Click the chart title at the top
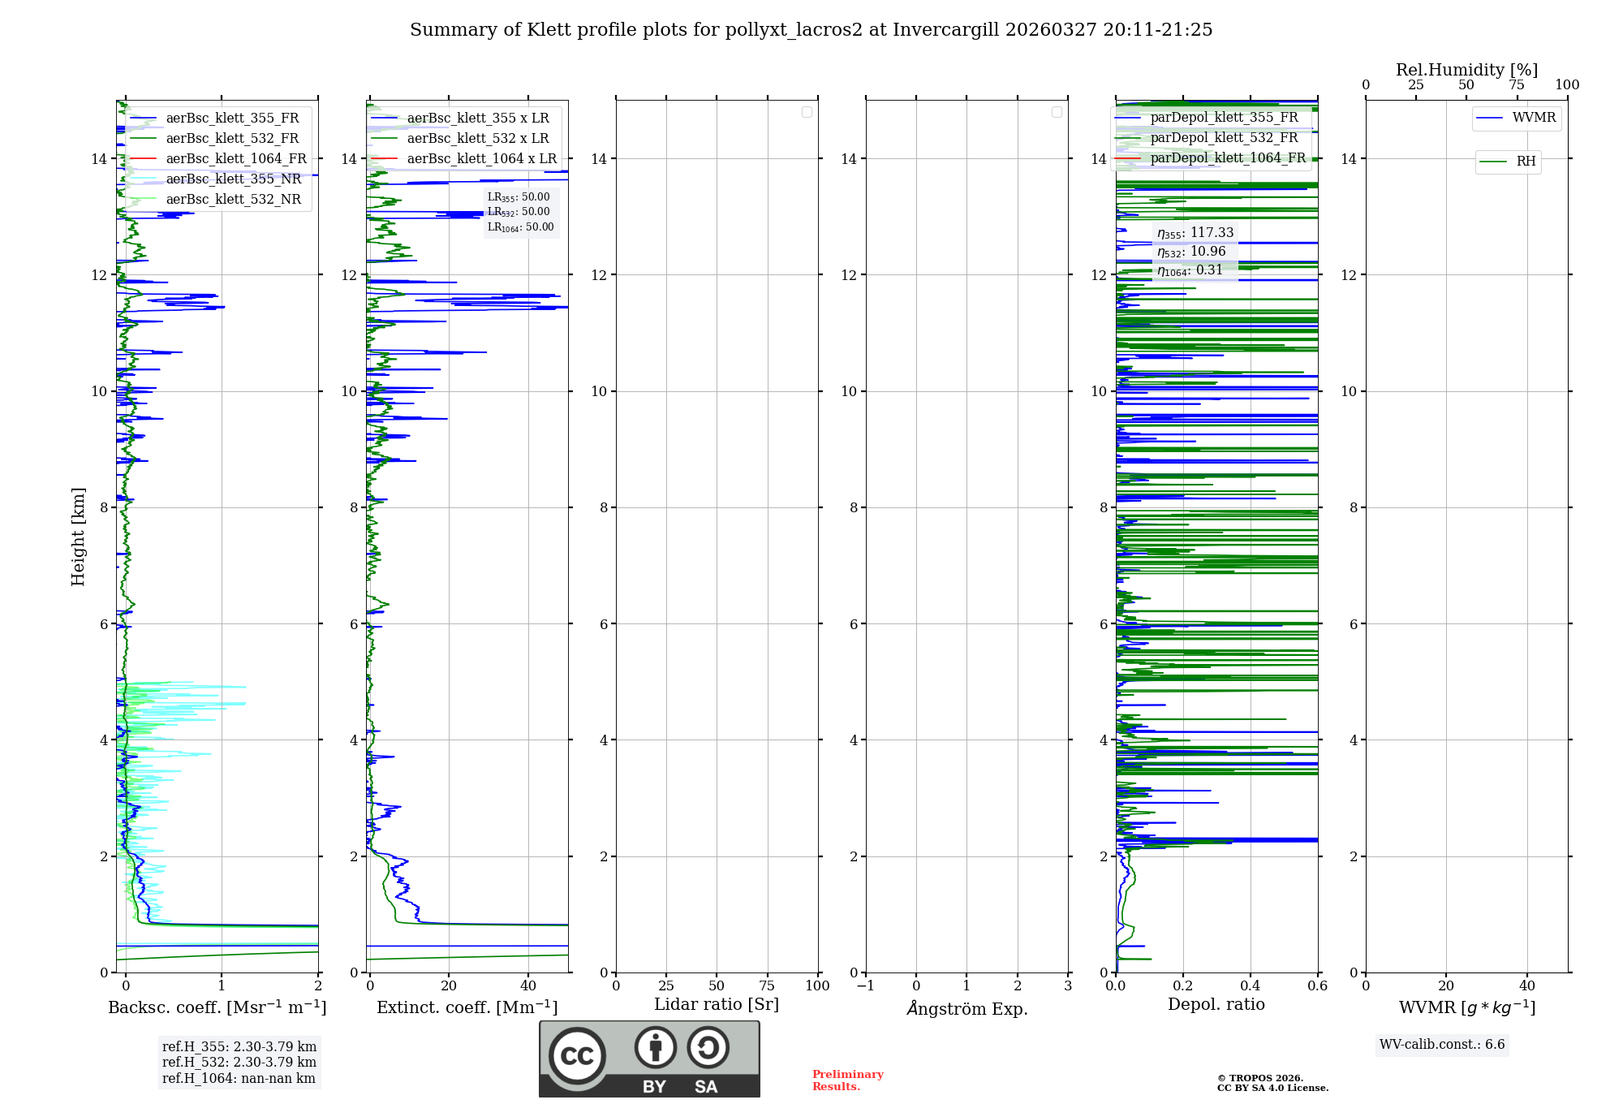point(811,30)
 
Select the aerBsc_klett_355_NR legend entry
point(233,179)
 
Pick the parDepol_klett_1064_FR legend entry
point(1227,157)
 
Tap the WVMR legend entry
point(1534,118)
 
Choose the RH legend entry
point(1526,162)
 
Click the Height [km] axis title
point(78,536)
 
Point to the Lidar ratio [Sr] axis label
point(716,1004)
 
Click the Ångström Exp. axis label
point(966,1008)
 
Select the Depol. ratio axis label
point(1216,1004)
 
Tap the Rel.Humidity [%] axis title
point(1466,70)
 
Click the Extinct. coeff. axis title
point(467,1007)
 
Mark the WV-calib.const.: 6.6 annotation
point(1442,1044)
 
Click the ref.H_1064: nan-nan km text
point(239,1078)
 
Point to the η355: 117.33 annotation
point(1195,233)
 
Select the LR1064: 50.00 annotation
point(520,227)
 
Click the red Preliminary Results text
point(847,1080)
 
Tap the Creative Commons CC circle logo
point(577,1055)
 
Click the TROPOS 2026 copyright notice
point(1272,1083)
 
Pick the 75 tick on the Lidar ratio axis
point(767,985)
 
